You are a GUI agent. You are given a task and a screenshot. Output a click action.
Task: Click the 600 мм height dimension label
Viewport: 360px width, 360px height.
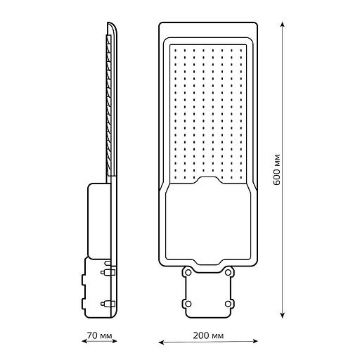coord(277,169)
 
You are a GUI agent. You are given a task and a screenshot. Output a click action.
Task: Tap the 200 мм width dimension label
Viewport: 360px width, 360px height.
coord(208,335)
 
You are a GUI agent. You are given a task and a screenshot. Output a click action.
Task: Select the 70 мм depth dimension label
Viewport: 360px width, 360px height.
coord(100,335)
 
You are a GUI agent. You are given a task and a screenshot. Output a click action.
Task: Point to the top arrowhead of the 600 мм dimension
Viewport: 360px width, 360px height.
coord(283,25)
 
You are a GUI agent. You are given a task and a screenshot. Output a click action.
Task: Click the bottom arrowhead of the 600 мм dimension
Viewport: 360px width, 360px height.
coord(283,315)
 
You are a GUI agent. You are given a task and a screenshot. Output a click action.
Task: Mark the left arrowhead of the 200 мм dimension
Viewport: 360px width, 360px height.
coord(161,342)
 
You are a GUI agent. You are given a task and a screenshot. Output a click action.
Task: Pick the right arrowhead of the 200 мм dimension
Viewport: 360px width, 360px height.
coord(255,342)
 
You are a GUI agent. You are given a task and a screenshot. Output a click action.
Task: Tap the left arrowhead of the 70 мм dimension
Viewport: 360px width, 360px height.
coord(84,341)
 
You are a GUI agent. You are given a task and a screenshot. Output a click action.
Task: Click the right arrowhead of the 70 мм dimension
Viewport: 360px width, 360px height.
coord(114,341)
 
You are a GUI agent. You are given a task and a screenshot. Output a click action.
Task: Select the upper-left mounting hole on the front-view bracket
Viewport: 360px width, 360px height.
coord(188,272)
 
